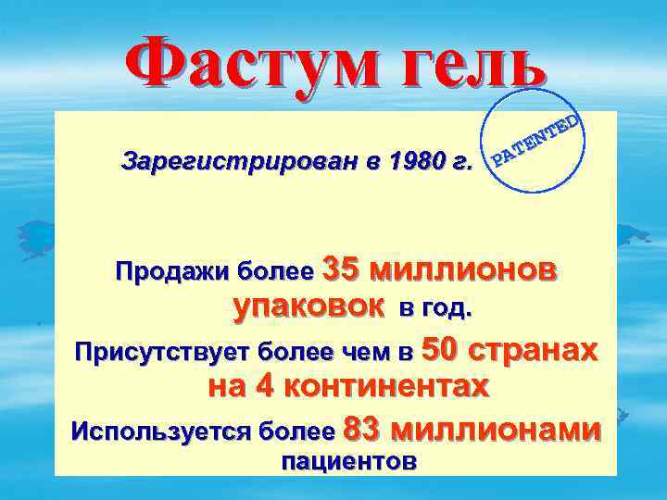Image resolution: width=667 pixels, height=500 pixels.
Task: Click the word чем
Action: point(375,353)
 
